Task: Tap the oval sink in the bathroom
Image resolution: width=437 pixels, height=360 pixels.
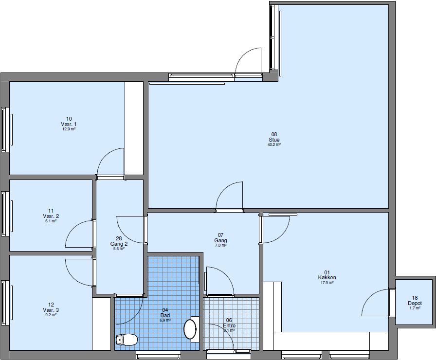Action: pos(190,329)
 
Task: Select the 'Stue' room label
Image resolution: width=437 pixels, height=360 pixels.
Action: pos(274,140)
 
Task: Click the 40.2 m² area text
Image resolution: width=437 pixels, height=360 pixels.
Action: pos(274,144)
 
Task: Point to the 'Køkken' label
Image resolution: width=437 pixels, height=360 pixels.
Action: pos(327,278)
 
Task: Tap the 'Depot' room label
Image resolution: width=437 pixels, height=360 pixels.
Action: pos(415,303)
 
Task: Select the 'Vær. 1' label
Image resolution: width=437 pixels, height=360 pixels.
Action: pos(69,124)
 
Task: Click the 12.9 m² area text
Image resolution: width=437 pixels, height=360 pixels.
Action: pos(69,129)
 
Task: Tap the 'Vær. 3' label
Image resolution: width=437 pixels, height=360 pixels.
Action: pos(51,310)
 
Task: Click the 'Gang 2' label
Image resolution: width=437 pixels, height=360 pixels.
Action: pos(119,244)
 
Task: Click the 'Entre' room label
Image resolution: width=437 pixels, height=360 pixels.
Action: pos(229,325)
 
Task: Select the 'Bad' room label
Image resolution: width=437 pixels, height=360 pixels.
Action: pos(165,315)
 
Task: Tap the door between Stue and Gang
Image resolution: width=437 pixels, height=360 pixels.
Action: pos(229,198)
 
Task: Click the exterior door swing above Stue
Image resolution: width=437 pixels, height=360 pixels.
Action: pos(249,62)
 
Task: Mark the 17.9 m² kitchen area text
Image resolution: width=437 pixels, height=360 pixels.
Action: pos(327,283)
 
